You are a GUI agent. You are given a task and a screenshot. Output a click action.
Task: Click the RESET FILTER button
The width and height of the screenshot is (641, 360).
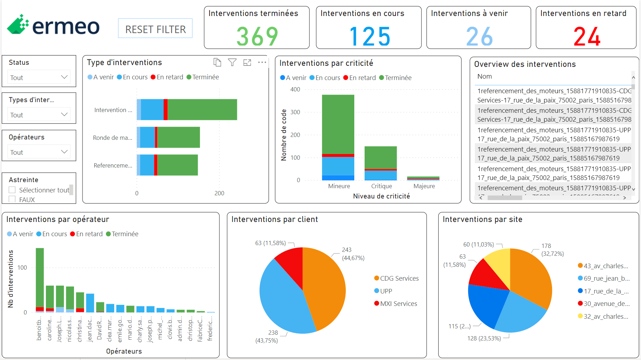point(155,28)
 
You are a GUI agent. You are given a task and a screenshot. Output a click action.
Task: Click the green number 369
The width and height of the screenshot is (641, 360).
point(257,37)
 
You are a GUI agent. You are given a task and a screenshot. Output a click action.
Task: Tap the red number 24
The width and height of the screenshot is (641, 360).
point(587,37)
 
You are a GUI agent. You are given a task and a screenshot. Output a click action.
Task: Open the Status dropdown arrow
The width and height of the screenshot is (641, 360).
point(64,77)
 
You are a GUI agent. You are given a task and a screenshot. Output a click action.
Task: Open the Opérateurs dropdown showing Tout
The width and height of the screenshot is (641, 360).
point(39,152)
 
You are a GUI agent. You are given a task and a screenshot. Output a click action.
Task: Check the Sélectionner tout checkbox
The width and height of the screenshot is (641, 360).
point(12,190)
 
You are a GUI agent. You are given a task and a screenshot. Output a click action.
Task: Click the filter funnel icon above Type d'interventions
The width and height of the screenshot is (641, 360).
point(232,63)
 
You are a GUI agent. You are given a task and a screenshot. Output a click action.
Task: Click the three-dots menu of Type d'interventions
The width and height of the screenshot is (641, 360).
point(262,63)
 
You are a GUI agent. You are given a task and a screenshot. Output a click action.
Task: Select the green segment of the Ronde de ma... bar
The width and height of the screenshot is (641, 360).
point(178,137)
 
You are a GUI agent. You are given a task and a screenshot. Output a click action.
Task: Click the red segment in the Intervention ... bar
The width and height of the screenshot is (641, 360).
point(165,110)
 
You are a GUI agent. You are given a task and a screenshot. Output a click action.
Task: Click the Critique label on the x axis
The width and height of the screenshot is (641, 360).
point(381,186)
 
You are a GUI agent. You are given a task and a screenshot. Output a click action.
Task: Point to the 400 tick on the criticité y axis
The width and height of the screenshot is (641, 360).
point(295,89)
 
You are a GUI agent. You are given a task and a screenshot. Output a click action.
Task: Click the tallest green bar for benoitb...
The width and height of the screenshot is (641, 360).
point(40,277)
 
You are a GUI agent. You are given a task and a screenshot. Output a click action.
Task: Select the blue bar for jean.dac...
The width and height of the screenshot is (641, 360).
point(90,303)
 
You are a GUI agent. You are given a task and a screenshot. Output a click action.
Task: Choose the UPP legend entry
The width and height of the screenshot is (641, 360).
point(386,291)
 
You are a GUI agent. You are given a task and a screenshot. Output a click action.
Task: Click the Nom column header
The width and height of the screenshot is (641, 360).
point(484,76)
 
